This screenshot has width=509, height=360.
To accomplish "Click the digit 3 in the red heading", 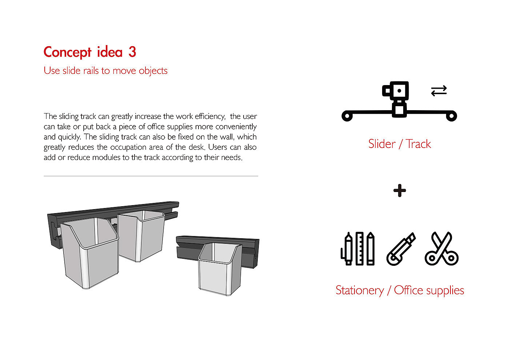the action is coord(132,52).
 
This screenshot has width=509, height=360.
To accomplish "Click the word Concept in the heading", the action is coord(67,53).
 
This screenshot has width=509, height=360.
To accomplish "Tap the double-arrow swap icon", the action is coord(439,91).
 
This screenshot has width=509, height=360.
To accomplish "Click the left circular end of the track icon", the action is coord(347,116).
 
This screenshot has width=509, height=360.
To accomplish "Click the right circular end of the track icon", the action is coord(452,116).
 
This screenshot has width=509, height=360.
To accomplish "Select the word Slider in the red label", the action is coord(382,144).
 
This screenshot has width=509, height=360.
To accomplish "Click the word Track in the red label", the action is coord(418,144).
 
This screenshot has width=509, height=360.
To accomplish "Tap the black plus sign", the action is coord(400,191).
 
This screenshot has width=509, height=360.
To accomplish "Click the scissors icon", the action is coord(441,248).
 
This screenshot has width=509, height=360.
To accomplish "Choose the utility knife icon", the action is coord(401,249).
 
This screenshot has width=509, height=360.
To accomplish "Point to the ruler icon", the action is coord(360,248).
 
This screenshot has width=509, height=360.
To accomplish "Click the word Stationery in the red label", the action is coord(360,291).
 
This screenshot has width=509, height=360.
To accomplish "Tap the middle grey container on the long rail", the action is coord(141,236).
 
